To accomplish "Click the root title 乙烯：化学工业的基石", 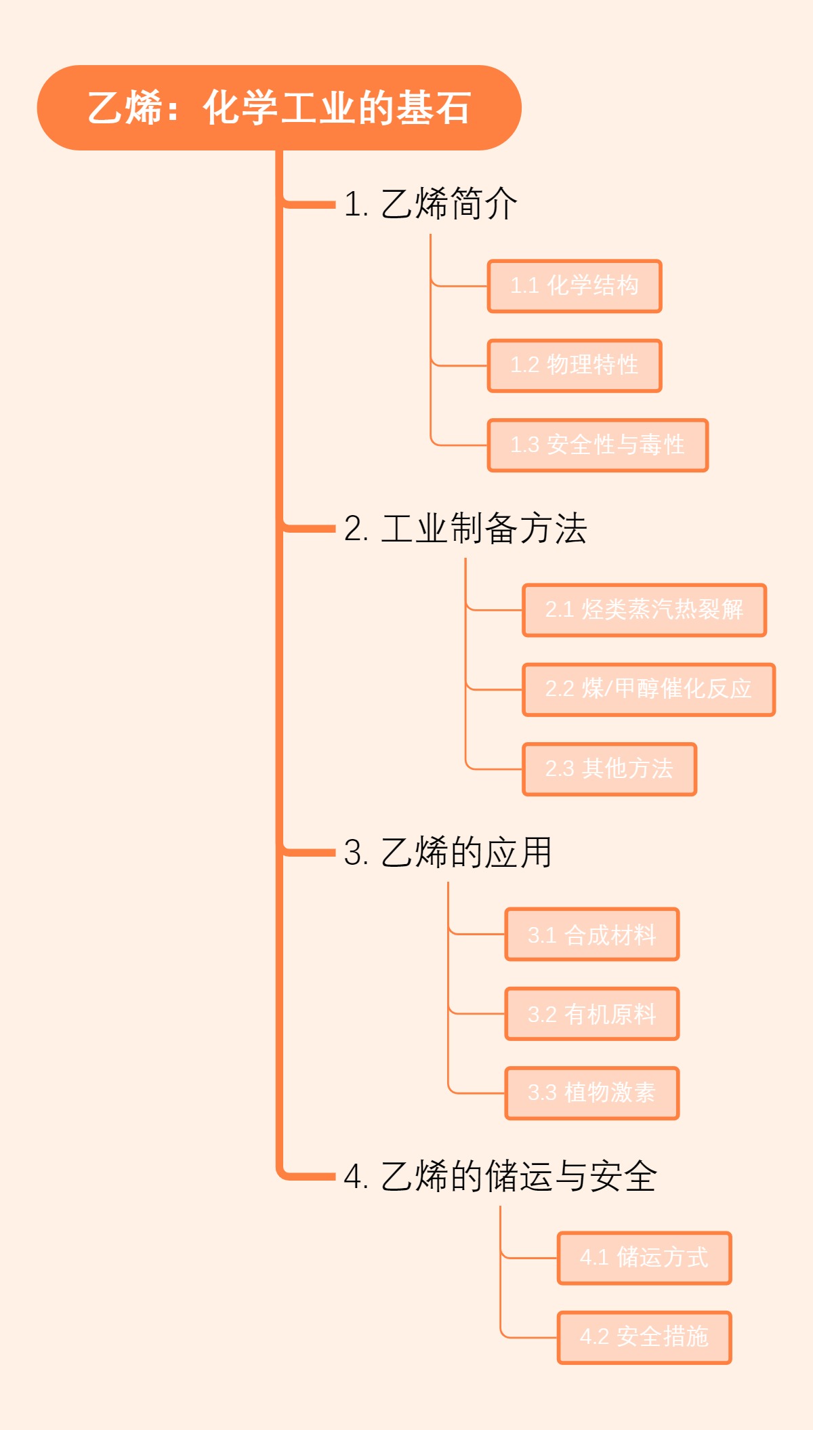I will point(279,108).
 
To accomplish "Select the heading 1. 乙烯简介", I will point(431,203).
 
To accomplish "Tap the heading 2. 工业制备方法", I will point(465,528).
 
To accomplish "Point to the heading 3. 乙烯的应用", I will point(448,852).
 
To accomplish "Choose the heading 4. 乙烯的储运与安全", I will point(500,1176).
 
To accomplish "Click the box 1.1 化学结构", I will point(575,286).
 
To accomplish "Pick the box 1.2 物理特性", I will point(575,365).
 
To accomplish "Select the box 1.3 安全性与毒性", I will point(598,445).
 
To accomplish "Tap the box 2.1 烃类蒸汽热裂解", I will point(644,610).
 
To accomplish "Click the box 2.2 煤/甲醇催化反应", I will point(648,689).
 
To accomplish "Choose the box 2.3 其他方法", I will point(609,769).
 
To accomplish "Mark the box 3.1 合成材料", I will point(591,935).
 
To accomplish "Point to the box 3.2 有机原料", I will point(591,1014).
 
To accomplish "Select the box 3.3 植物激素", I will point(591,1093).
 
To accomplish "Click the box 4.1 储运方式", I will point(644,1258).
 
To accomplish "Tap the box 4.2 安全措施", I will point(644,1337).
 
